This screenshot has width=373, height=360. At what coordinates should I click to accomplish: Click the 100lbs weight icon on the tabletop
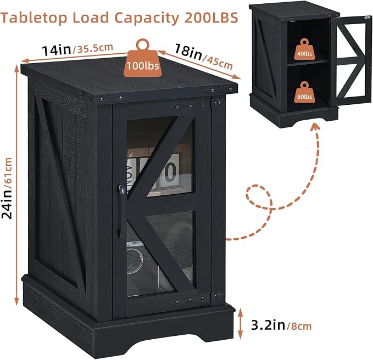click(x=143, y=62)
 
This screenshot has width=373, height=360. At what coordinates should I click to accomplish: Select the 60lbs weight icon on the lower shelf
click(x=304, y=94)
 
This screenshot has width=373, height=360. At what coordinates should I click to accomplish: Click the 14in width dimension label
click(x=57, y=50)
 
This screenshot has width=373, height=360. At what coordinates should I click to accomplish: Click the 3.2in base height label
click(x=268, y=325)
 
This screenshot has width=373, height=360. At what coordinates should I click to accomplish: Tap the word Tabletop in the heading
click(x=34, y=18)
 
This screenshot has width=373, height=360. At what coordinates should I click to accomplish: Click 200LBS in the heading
click(x=211, y=17)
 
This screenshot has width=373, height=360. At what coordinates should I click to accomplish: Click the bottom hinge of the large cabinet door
click(x=217, y=296)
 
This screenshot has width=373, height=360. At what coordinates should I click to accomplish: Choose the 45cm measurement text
click(x=218, y=63)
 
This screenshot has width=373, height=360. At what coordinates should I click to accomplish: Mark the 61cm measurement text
click(x=8, y=171)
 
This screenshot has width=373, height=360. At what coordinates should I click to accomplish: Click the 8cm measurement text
click(x=299, y=326)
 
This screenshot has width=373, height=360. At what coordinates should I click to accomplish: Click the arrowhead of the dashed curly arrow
click(x=316, y=127)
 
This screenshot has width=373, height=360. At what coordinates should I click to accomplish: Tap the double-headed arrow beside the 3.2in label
click(x=240, y=323)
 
